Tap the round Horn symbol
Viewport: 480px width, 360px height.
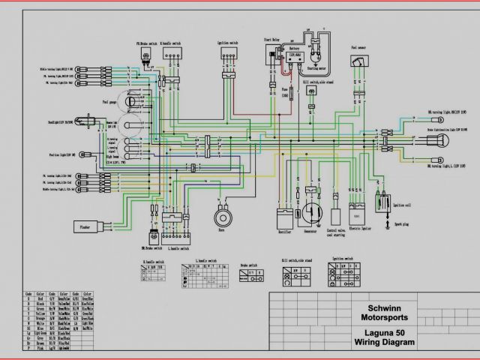222,216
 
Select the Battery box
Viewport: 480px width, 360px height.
290,58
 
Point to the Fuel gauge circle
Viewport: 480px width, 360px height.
131,100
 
